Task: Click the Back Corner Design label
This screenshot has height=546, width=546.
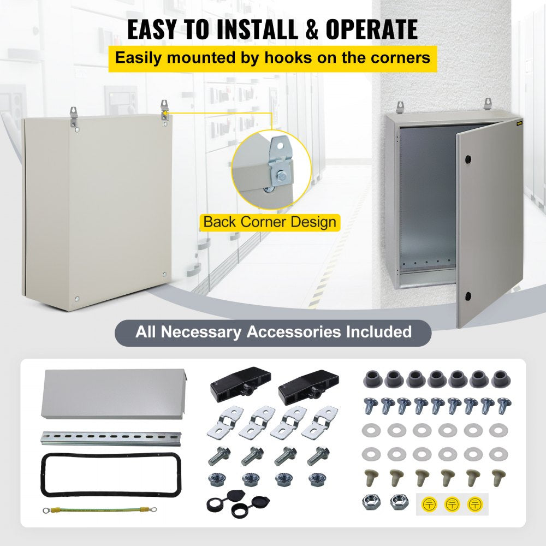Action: point(270,222)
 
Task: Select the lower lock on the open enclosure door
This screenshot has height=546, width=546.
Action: point(468,296)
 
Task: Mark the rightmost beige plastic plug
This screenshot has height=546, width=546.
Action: point(498,478)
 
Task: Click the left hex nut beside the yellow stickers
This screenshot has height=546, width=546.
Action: point(372,501)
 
